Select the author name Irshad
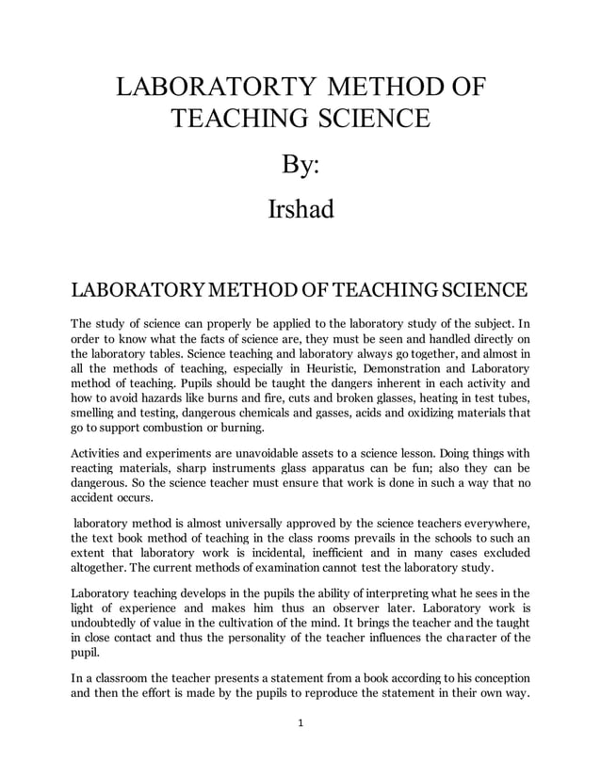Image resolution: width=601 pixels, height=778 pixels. tap(300, 209)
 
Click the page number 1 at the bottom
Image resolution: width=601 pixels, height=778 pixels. tap(300, 723)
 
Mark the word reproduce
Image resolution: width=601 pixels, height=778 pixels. tap(353, 693)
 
